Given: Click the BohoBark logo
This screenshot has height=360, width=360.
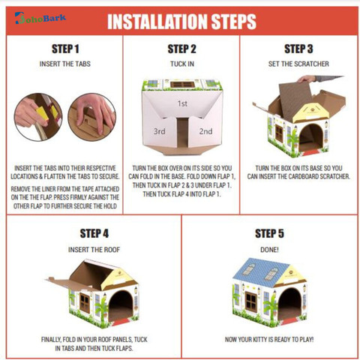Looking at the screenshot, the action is click(40, 18).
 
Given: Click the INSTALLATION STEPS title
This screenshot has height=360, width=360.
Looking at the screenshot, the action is click(181, 22).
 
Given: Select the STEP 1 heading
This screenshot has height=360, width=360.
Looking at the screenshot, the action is click(65, 49).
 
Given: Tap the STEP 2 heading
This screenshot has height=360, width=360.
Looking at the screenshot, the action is click(181, 49).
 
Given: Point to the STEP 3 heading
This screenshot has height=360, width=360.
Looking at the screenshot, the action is click(298, 49).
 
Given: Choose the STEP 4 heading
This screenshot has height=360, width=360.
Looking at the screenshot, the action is click(94, 233).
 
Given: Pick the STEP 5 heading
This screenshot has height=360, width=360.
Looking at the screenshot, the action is click(269, 233).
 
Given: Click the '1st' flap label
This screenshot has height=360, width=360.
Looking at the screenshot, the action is click(182, 103).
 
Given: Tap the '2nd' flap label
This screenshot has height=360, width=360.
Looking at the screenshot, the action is click(205, 131).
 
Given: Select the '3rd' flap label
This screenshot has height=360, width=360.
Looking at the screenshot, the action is click(159, 131).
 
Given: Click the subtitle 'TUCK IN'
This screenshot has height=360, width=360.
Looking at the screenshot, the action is click(182, 64).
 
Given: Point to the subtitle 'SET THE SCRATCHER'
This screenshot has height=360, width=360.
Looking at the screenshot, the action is click(298, 64).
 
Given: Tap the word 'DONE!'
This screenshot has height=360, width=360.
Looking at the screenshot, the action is click(269, 250).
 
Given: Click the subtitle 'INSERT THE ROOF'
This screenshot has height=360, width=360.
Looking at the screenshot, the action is click(94, 250).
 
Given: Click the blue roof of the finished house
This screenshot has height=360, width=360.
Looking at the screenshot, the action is click(257, 271).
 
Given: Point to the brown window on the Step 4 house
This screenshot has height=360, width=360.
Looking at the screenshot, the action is click(85, 303).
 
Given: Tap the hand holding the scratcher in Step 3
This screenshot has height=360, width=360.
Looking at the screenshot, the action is click(307, 79).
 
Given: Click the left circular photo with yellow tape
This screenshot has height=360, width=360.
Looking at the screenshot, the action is click(38, 117).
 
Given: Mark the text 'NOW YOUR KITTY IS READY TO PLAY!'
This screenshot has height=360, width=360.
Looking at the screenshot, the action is click(269, 340).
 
